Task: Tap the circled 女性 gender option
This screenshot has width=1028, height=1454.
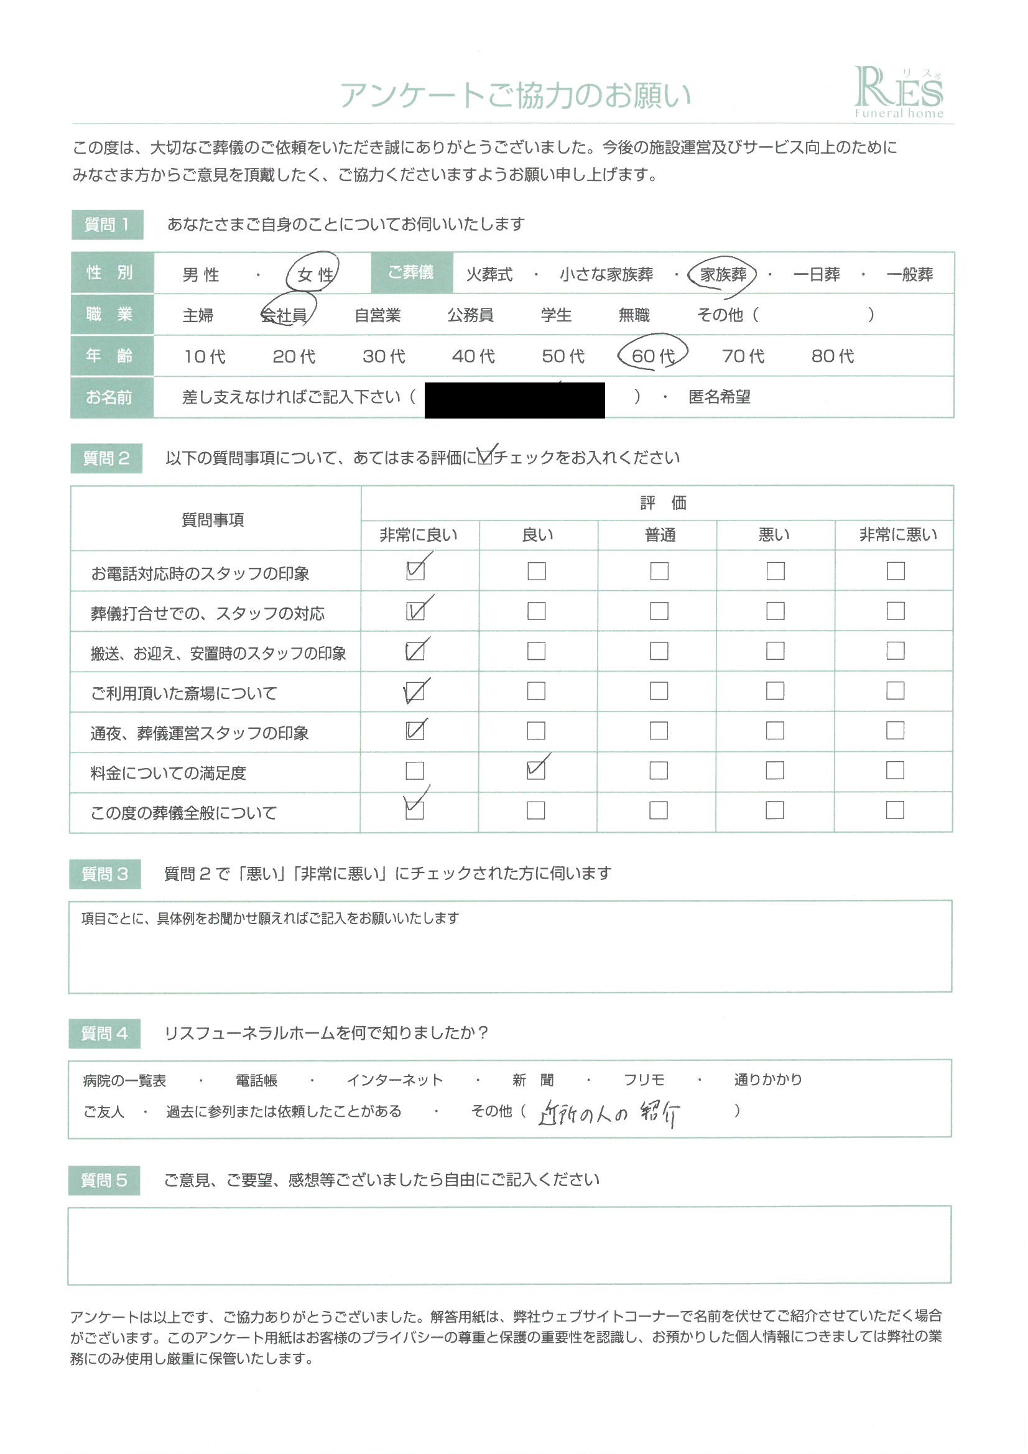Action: coord(314,274)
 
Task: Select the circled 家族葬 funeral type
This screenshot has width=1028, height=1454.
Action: coord(723,274)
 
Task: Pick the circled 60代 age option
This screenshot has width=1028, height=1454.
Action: coord(652,355)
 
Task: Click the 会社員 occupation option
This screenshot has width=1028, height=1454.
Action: coord(284,315)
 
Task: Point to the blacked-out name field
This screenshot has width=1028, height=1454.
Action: coord(514,400)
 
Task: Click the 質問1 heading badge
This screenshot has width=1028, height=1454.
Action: coord(107,225)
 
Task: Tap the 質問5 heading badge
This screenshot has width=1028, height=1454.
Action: coord(104,1180)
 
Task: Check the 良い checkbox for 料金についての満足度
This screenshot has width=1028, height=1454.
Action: coord(536,770)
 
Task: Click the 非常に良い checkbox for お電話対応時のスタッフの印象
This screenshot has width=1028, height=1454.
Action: coord(415,570)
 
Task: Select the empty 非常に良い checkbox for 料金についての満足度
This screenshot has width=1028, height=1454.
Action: coord(414,771)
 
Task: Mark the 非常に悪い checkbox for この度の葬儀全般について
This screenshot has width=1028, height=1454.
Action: coord(894,810)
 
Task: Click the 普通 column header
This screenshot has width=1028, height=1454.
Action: coord(659,535)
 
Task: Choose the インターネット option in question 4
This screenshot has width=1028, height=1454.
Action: coord(395,1080)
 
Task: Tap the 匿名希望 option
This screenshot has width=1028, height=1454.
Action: coord(719,397)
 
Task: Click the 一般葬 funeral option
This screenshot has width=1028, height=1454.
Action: coord(910,274)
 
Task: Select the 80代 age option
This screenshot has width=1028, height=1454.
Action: coord(832,356)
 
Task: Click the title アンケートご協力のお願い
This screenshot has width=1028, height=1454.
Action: coord(515,95)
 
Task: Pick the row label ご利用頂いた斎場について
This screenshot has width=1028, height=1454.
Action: coord(183,693)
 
